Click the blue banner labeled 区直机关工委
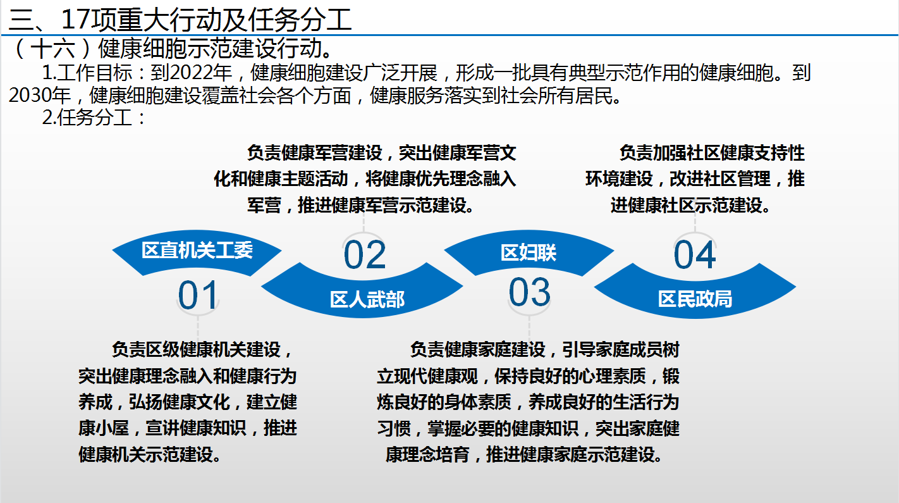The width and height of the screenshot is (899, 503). pyautogui.click(x=197, y=252)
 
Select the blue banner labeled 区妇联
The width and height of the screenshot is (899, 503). pyautogui.click(x=529, y=252)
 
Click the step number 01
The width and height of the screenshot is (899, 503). pyautogui.click(x=198, y=295)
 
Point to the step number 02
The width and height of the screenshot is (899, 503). pyautogui.click(x=364, y=255)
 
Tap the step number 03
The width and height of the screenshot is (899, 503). pyautogui.click(x=529, y=292)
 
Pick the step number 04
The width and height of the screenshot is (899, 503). pyautogui.click(x=695, y=255)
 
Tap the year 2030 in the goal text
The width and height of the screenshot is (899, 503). pyautogui.click(x=30, y=96)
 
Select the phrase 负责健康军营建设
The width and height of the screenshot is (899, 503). pyautogui.click(x=314, y=153)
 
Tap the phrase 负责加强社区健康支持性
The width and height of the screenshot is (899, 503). pyautogui.click(x=712, y=153)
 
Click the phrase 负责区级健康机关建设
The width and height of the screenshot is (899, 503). pyautogui.click(x=196, y=349)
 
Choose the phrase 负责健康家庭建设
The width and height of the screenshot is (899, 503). pyautogui.click(x=477, y=349)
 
